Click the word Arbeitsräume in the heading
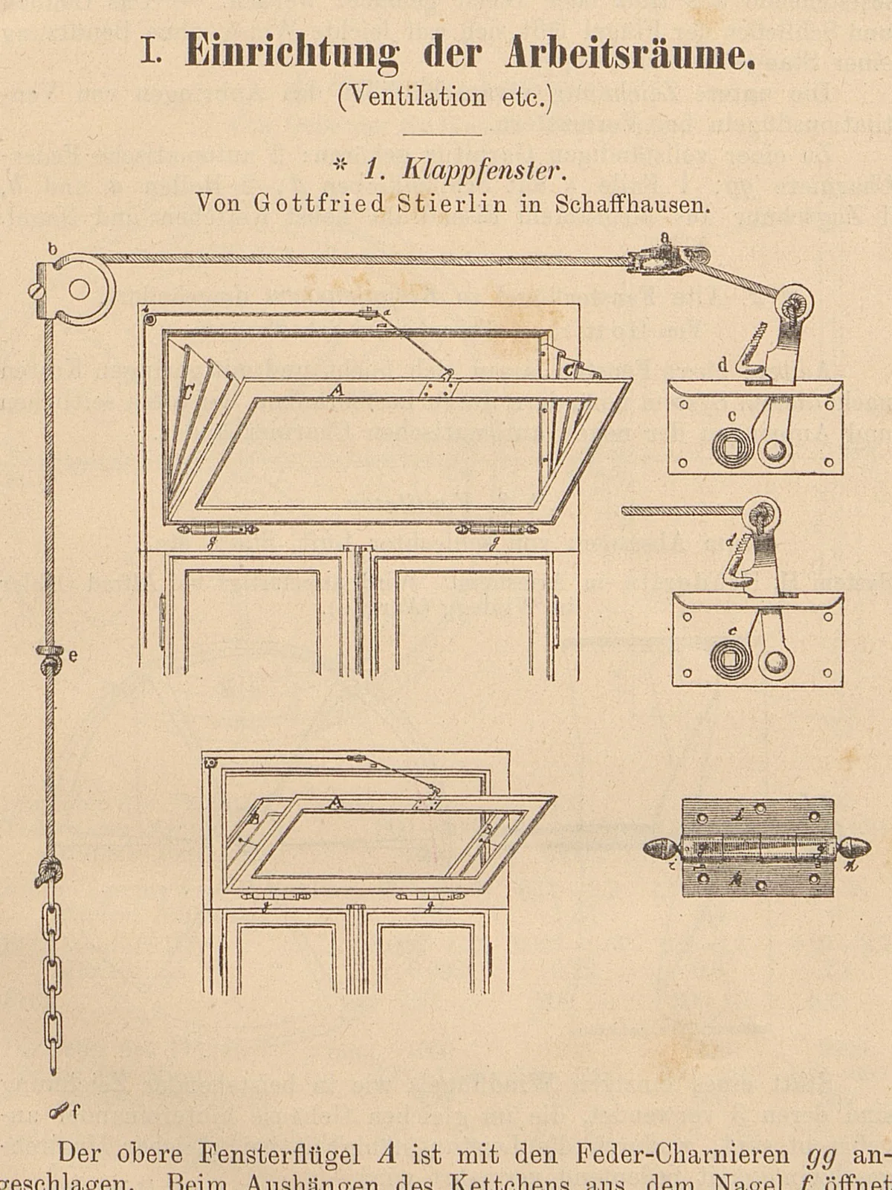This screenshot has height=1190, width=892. click(630, 54)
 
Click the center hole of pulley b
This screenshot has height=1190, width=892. click(80, 290)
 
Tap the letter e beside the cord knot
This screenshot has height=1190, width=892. click(73, 656)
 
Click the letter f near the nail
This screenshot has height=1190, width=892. click(75, 1113)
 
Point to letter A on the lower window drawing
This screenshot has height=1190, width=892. click(336, 803)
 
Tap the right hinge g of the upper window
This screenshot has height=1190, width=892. click(494, 529)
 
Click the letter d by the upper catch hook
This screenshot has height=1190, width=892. click(723, 365)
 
